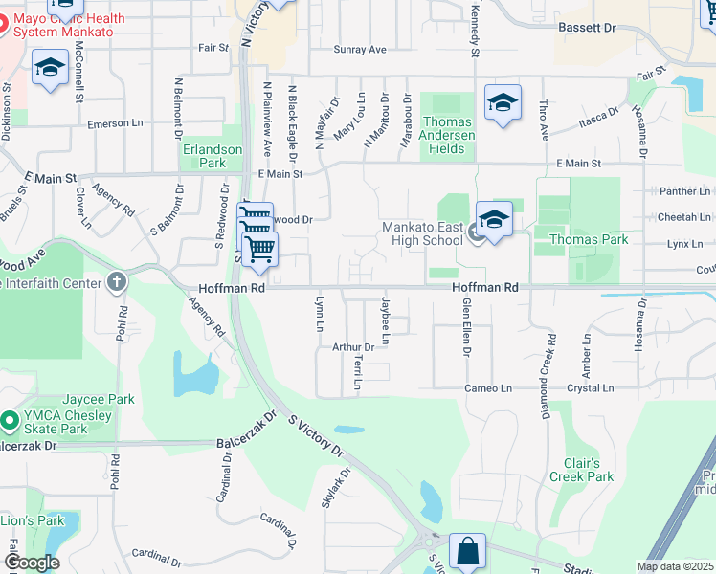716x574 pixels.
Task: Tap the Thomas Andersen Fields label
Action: click(x=447, y=135)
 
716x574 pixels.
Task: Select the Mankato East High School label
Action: click(x=422, y=233)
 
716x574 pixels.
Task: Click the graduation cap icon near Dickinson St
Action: click(x=50, y=69)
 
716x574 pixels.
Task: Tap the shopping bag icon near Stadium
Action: click(x=467, y=551)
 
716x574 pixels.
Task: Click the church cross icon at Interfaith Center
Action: click(x=117, y=281)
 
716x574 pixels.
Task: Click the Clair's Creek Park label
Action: click(x=581, y=469)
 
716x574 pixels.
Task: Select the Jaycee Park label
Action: click(x=99, y=399)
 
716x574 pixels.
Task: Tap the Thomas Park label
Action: click(x=588, y=239)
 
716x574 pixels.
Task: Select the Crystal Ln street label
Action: click(x=590, y=388)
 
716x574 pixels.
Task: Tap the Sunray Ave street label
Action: click(x=359, y=50)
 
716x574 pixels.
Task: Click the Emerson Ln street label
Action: click(x=114, y=123)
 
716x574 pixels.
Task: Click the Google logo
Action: click(x=32, y=563)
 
